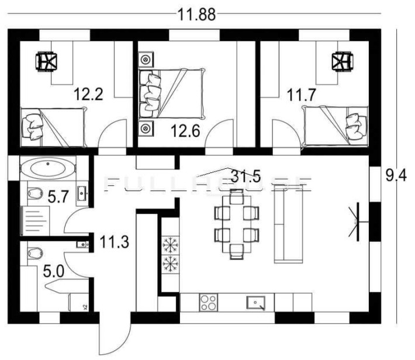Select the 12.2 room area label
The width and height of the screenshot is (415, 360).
coord(89,94)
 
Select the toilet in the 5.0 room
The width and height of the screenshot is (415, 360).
coord(36,253)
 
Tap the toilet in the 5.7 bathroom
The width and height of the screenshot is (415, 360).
coord(34,192)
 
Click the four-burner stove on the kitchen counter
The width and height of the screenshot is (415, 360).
coord(209,303)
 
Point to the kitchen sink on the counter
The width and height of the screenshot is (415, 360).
coord(255,303)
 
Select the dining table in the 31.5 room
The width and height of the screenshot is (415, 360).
coord(236,224)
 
